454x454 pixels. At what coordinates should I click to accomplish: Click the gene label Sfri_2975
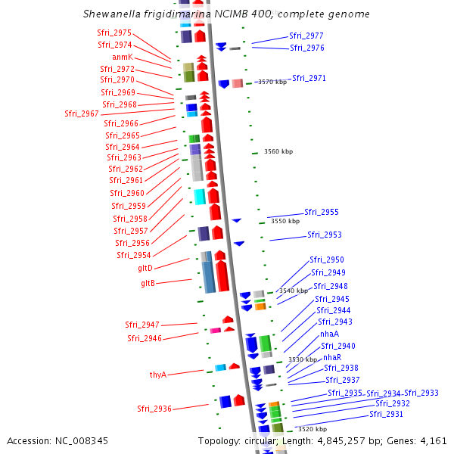coord(114,33)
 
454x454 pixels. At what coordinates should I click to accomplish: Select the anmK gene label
coord(122,57)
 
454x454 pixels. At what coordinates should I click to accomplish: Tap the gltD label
coord(145,268)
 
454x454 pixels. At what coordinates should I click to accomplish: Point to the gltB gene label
coord(148,283)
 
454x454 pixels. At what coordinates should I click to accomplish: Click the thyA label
coord(157,374)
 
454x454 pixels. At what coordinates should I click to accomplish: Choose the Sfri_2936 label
coord(154,409)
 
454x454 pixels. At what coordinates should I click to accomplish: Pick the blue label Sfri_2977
coord(306,36)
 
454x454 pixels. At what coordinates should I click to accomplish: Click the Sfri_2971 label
coord(309,78)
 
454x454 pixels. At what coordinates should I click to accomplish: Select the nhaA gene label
coord(329,334)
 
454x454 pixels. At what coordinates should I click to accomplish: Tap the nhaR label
coord(332,357)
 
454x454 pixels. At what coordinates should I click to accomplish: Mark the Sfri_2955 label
coord(322,212)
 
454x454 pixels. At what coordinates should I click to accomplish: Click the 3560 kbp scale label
coord(278,152)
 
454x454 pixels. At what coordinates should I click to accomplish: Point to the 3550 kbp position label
coord(285,222)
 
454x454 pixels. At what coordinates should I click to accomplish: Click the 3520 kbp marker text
coord(300,429)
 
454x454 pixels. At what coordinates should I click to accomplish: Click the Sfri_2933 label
coord(421,393)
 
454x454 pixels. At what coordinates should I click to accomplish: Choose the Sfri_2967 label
coord(81,113)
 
